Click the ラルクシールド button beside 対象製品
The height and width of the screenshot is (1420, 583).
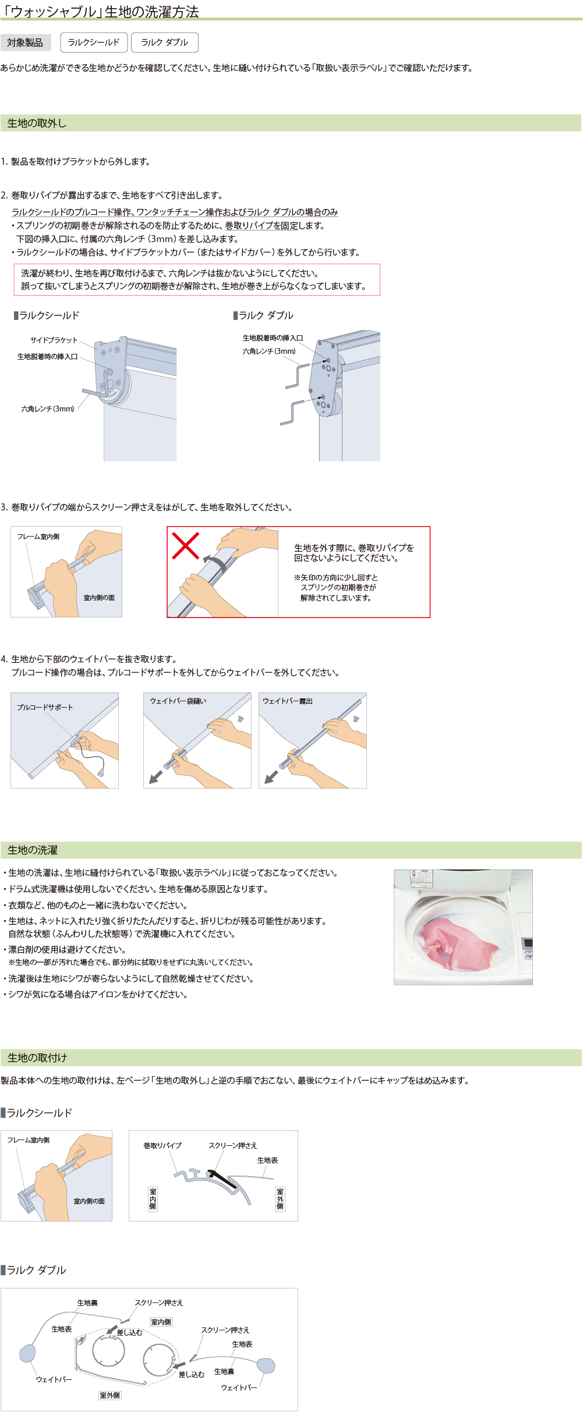(93, 42)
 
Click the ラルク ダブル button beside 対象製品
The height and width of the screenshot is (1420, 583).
(164, 42)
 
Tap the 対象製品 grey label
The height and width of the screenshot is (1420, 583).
(25, 42)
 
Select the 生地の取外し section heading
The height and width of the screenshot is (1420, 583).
(37, 123)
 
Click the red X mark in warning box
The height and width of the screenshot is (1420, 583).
(185, 545)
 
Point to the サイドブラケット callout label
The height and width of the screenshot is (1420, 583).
(54, 340)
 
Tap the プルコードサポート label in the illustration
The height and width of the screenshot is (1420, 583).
(45, 707)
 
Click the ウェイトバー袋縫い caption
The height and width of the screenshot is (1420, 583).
(178, 701)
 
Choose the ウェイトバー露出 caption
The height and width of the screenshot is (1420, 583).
(288, 701)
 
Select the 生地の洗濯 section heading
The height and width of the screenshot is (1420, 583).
(33, 850)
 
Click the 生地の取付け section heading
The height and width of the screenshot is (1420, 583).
(37, 1057)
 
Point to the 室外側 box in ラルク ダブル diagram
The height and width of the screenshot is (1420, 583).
(109, 1395)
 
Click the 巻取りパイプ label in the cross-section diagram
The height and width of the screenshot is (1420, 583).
(162, 1145)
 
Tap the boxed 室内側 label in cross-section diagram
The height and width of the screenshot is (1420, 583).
(153, 1199)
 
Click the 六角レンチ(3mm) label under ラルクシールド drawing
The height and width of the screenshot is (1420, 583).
(48, 409)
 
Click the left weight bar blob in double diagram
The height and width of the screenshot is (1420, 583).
(27, 1353)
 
